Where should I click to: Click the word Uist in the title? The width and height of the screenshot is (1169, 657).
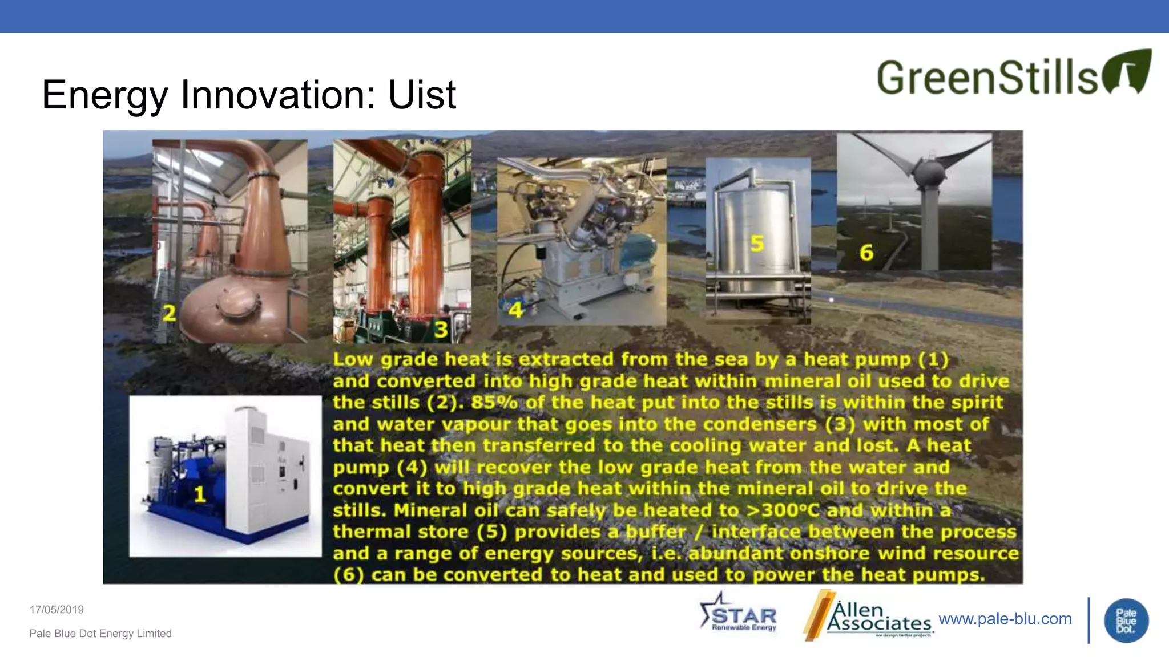[x=422, y=95]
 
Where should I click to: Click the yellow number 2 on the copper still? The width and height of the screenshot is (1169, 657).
[x=169, y=313]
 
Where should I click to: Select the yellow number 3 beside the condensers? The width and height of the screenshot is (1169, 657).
[x=441, y=330]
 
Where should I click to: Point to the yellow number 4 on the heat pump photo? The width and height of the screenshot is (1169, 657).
[x=515, y=310]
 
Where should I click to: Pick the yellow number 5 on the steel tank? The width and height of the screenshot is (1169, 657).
[x=757, y=244]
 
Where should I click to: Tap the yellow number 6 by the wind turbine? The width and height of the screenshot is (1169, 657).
[x=866, y=253]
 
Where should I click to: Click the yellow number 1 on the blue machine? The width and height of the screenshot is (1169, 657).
[x=199, y=494]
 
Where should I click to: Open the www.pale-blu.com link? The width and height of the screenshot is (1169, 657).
[x=1005, y=619]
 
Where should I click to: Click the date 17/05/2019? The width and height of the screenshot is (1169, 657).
[x=57, y=610]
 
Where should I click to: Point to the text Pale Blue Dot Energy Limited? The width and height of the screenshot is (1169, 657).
[x=100, y=634]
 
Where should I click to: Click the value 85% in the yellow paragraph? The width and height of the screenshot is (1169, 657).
[x=494, y=403]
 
